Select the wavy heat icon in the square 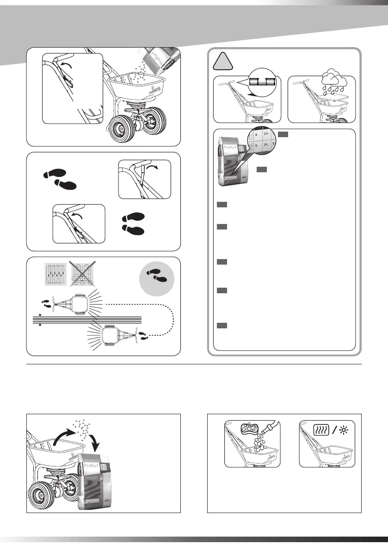322,429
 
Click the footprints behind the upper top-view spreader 47,303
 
